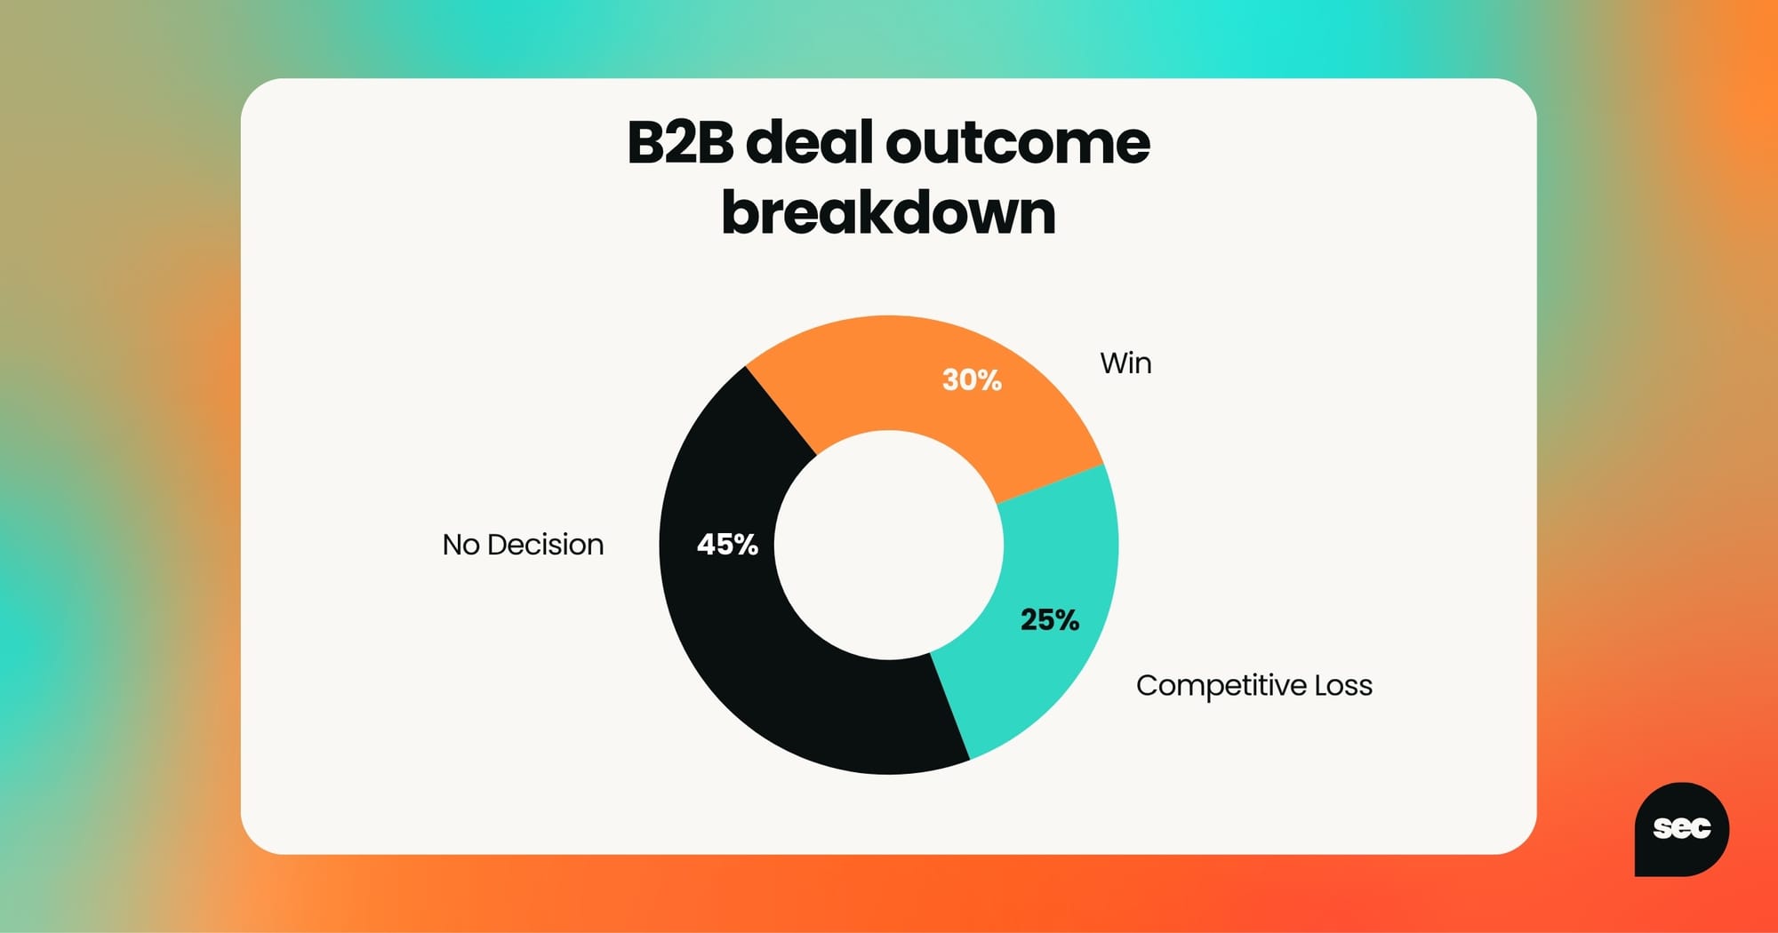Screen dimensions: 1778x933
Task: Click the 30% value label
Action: point(972,380)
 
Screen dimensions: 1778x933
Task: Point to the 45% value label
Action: point(727,544)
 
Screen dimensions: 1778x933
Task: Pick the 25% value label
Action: point(1050,619)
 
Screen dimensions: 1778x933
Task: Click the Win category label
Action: point(1125,363)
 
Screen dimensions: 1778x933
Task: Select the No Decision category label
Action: point(523,545)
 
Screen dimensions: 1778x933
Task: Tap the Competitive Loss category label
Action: point(1254,686)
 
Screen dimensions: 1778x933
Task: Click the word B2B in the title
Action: point(680,142)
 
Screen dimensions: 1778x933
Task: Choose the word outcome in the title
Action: point(1017,144)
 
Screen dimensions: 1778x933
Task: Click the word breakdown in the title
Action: point(889,213)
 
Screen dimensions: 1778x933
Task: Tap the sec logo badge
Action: point(1681,829)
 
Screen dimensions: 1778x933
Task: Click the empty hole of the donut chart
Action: point(889,545)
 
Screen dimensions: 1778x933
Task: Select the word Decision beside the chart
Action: point(545,545)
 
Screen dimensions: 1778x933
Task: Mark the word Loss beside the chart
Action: point(1343,686)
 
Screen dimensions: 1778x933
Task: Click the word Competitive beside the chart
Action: point(1221,686)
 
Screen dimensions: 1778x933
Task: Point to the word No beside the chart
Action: point(461,545)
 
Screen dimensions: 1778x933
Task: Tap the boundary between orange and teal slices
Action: point(1051,484)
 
